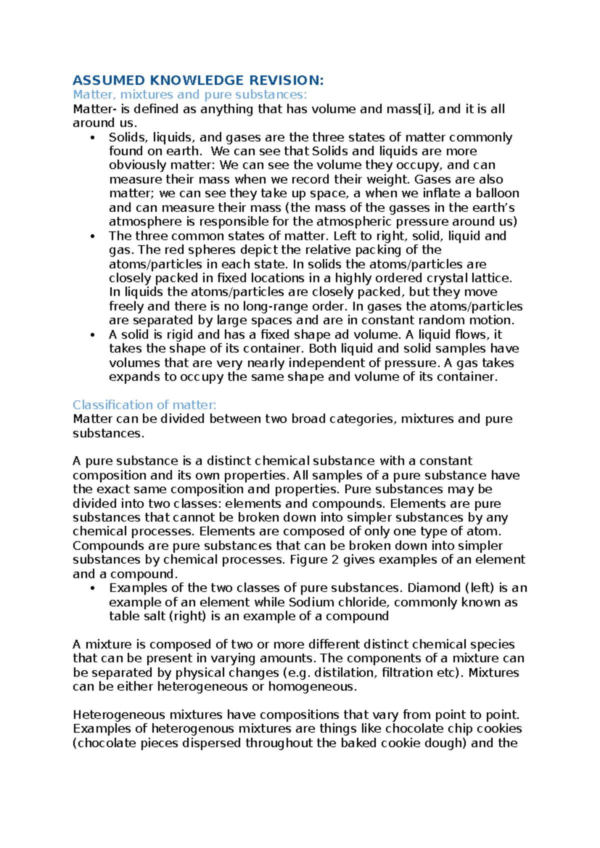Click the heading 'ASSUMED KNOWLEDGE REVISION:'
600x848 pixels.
[x=198, y=80]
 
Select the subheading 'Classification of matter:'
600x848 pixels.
[x=144, y=404]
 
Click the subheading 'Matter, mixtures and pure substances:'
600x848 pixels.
[x=190, y=94]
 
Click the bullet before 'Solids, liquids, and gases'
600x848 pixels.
[x=92, y=138]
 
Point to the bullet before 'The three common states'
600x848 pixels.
[x=92, y=236]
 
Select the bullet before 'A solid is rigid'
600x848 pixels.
[x=92, y=335]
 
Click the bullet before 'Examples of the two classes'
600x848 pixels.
[x=92, y=588]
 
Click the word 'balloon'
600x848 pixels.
[x=497, y=193]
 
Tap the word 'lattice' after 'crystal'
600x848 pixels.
[x=492, y=278]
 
